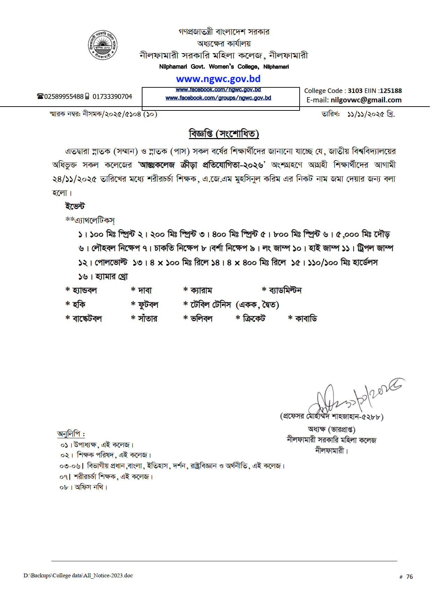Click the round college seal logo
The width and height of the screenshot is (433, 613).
[102, 45]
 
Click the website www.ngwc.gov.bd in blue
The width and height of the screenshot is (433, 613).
[218, 79]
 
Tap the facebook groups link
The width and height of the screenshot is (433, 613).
[218, 98]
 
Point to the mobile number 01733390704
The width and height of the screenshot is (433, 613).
[112, 96]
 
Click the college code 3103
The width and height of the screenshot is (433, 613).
[355, 91]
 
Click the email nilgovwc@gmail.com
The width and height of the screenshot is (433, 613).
[366, 100]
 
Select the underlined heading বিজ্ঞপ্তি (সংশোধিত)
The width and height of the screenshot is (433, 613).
[224, 134]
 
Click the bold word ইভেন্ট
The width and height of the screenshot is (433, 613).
[75, 206]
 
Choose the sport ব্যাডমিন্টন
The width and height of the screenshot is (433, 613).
[285, 290]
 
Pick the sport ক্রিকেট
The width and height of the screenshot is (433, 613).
[254, 319]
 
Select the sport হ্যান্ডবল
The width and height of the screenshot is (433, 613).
[85, 290]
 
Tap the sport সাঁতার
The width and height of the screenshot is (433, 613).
[147, 319]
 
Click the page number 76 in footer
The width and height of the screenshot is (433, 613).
[409, 577]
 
